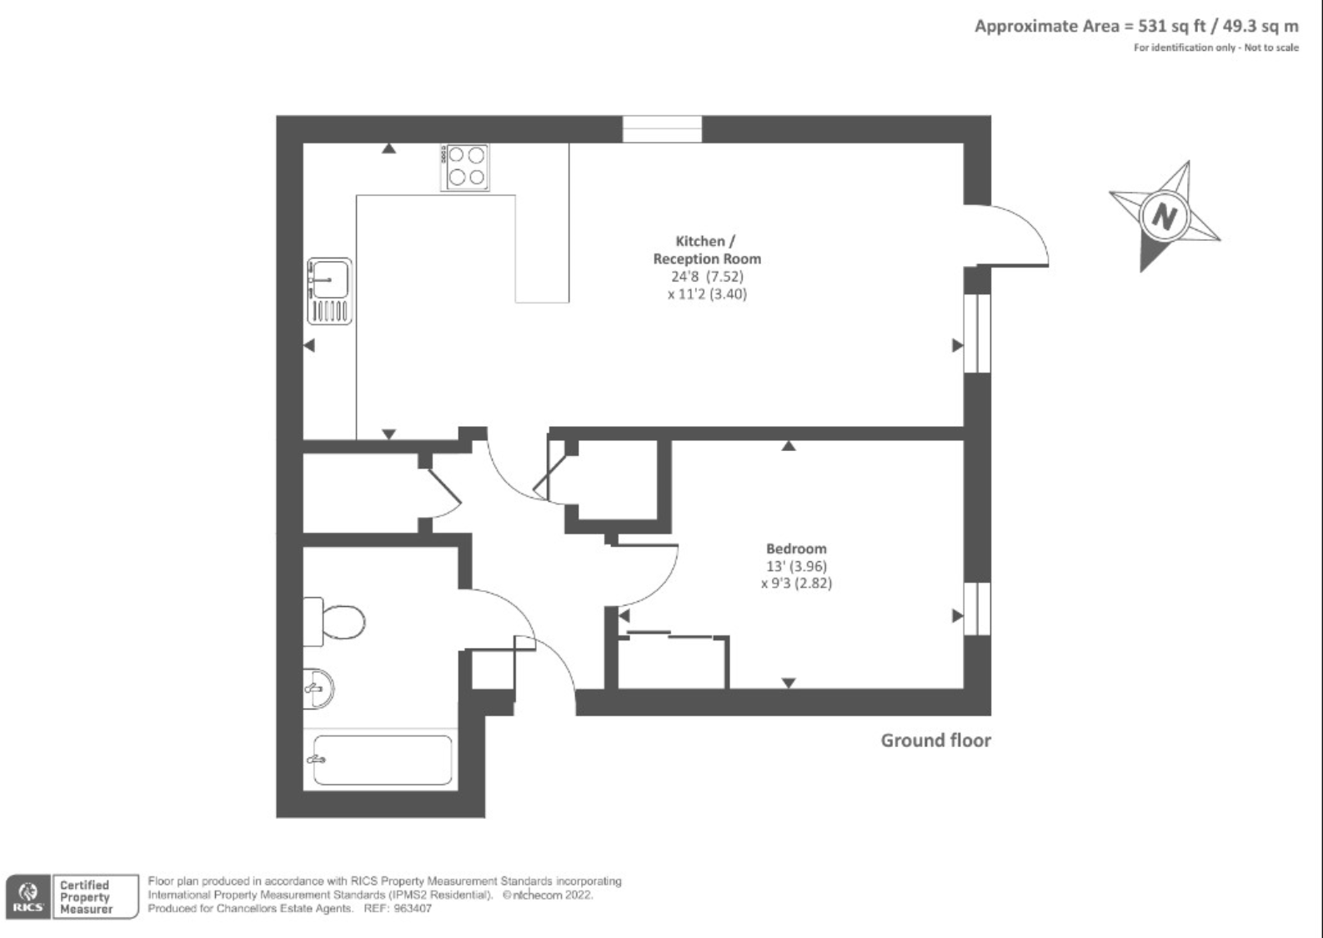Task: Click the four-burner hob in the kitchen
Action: tap(465, 167)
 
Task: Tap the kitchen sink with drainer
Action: tap(329, 290)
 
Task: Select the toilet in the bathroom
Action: tap(337, 621)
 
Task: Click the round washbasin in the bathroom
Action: tap(317, 689)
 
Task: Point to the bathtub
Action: tap(381, 760)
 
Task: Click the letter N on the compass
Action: tap(1164, 217)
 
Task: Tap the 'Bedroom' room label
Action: tap(796, 549)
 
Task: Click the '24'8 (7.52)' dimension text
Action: tap(707, 276)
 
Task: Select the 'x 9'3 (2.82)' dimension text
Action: tap(796, 584)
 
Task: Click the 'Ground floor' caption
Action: tap(935, 740)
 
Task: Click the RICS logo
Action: tap(28, 897)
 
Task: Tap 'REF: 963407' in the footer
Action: tap(398, 909)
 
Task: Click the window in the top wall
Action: tap(662, 129)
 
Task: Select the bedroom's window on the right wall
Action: tap(977, 609)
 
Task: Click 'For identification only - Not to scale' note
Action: tap(1215, 48)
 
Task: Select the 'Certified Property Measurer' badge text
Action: tap(85, 897)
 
